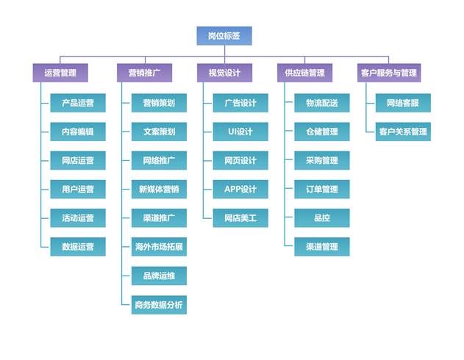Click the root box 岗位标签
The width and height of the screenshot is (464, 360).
(x=224, y=36)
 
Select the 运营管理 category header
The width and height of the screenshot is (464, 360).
(x=60, y=73)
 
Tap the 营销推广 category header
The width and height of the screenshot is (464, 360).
(x=144, y=73)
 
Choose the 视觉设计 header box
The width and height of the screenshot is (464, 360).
(x=224, y=73)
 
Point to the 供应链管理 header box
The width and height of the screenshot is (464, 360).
(x=304, y=73)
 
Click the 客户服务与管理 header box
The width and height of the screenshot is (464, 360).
(x=388, y=73)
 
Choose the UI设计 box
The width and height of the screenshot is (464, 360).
(x=240, y=132)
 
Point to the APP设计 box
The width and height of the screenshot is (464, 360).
(x=240, y=189)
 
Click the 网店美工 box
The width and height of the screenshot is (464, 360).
(x=240, y=217)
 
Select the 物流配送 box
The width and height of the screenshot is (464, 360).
(x=321, y=103)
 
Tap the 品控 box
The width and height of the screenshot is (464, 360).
(x=321, y=217)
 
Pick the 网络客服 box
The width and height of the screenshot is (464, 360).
(x=403, y=103)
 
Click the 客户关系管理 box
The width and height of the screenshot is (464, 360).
(x=403, y=132)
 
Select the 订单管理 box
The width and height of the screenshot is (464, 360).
(x=321, y=189)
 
